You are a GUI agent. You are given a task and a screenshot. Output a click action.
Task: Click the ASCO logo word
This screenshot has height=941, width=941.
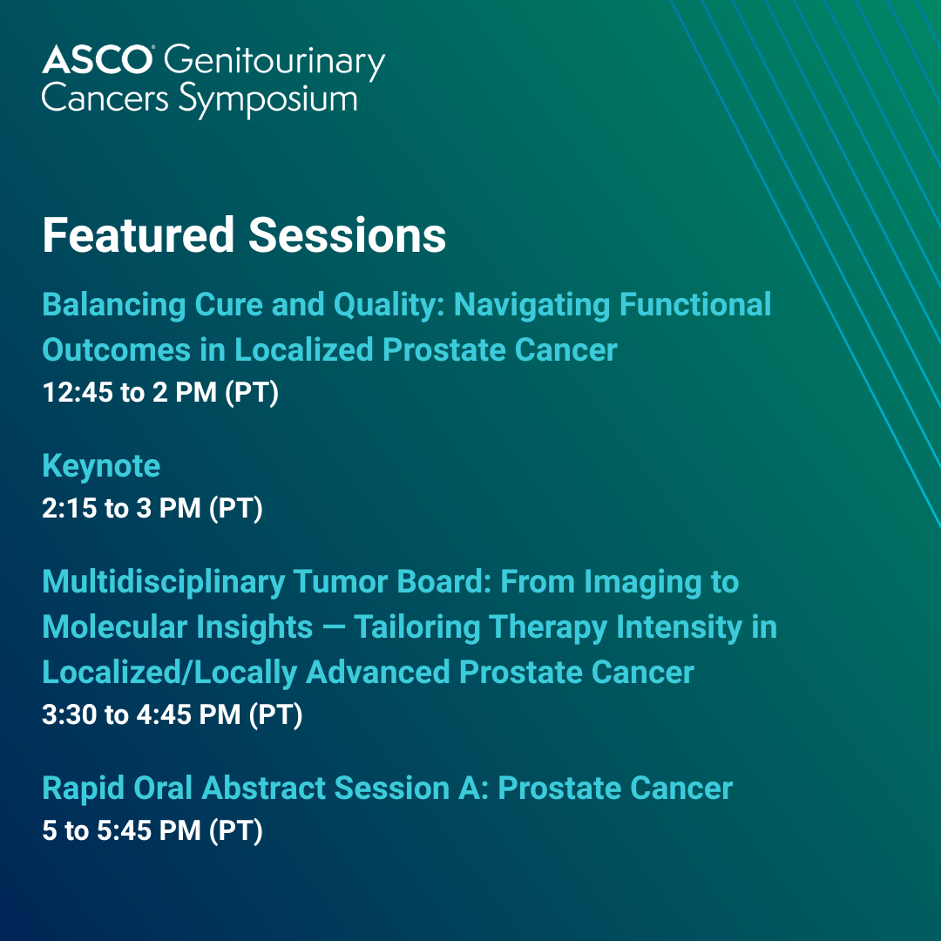98,59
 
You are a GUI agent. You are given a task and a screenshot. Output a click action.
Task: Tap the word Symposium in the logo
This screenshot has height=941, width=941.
268,100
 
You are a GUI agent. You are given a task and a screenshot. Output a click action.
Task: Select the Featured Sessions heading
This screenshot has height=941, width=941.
244,234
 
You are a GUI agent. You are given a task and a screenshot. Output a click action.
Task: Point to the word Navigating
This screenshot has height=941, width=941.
531,305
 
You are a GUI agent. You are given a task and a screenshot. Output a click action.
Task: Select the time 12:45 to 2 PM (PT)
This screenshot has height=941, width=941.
160,392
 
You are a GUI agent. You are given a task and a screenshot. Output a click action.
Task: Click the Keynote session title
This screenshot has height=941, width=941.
101,466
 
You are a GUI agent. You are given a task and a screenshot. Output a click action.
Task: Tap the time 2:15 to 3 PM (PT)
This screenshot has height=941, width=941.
152,508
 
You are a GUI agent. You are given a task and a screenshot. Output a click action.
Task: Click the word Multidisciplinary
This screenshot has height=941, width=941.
164,582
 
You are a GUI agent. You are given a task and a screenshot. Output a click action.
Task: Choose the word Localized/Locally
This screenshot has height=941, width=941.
170,672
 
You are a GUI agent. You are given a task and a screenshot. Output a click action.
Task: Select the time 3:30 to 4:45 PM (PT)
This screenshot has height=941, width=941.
173,714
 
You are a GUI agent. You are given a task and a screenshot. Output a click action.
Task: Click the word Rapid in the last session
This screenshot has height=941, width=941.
84,789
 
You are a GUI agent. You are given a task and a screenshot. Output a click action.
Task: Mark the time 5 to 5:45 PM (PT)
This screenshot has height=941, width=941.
152,830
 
